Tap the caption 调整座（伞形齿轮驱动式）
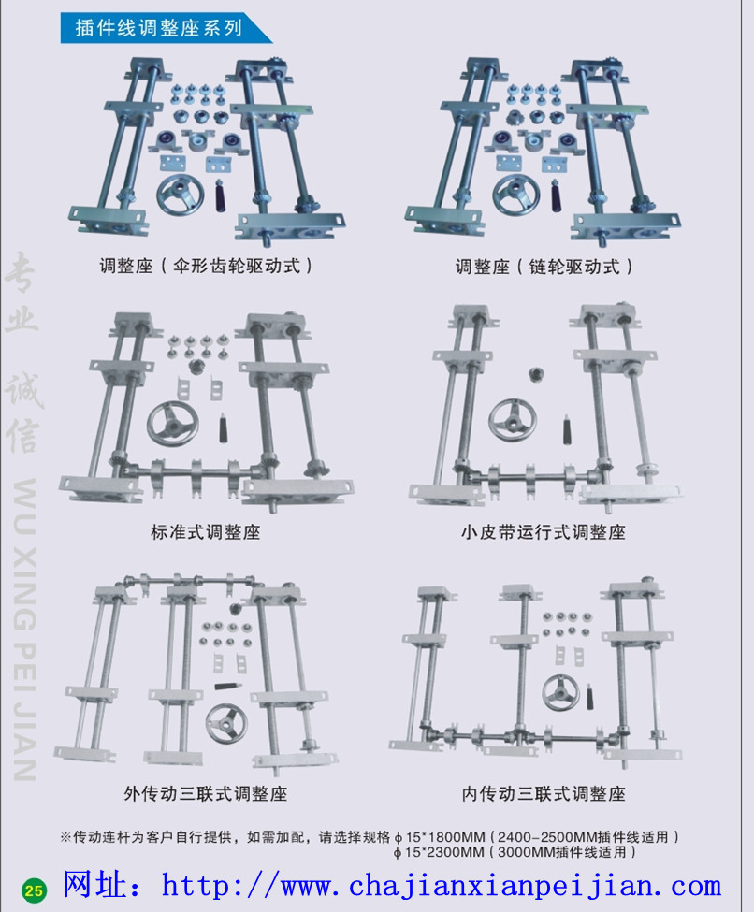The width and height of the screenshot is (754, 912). (206, 266)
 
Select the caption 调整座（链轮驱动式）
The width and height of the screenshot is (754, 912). (544, 267)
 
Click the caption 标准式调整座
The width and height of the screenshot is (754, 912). (205, 532)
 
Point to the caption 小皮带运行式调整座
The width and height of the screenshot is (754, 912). (543, 532)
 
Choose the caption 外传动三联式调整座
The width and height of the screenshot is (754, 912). (205, 793)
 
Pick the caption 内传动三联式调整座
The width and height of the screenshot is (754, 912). (543, 793)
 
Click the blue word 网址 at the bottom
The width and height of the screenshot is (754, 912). (101, 885)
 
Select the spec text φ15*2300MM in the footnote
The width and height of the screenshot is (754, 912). (439, 852)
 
